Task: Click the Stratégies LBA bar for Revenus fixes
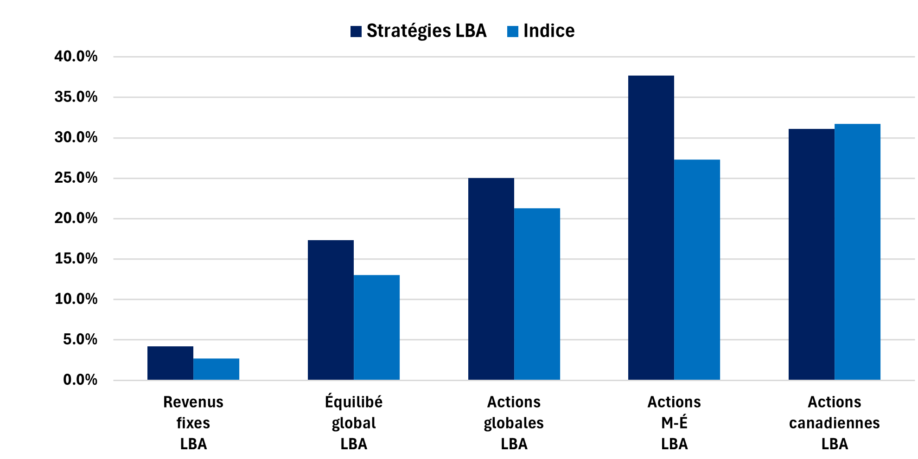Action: click(x=170, y=363)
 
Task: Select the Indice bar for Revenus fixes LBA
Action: click(x=216, y=369)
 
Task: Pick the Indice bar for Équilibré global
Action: click(x=376, y=327)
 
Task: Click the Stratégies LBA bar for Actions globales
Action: click(x=491, y=279)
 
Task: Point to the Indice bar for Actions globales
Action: click(x=537, y=294)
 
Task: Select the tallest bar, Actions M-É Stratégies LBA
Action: click(x=651, y=228)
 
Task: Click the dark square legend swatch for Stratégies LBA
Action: click(x=356, y=32)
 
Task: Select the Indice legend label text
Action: click(x=549, y=31)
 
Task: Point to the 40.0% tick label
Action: click(x=76, y=57)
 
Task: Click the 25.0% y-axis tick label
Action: click(x=76, y=178)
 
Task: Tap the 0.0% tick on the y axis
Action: click(x=80, y=380)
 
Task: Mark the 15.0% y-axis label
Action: click(x=76, y=259)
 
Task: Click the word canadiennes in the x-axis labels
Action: click(x=834, y=423)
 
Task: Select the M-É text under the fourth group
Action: click(x=674, y=423)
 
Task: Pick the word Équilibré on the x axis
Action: click(x=354, y=401)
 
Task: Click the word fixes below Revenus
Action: click(x=193, y=423)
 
